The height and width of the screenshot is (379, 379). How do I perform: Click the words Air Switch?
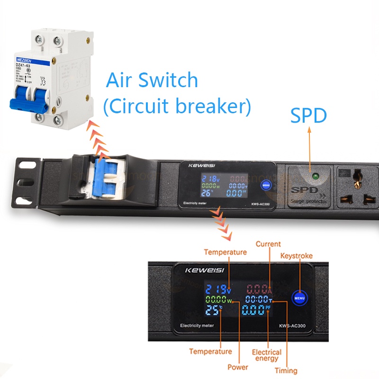[152, 80]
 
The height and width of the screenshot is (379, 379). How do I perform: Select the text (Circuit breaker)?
[177, 107]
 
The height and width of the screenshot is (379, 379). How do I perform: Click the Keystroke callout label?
[297, 256]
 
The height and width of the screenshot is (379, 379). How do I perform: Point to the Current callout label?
[268, 244]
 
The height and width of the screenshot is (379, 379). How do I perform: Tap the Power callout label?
[238, 367]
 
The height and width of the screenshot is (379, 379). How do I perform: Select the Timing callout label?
[286, 370]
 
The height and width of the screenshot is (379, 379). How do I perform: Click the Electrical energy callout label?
[266, 355]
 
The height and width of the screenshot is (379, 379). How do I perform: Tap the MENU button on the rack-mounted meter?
[266, 185]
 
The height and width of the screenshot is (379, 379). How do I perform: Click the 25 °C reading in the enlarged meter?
[216, 311]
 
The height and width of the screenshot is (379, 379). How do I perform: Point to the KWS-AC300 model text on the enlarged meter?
[292, 326]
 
